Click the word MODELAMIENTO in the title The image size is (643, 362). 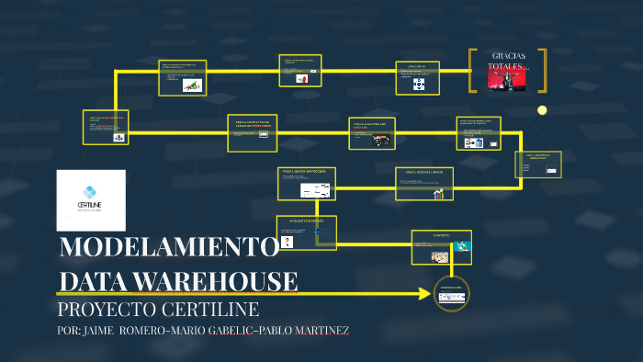click(x=168, y=248)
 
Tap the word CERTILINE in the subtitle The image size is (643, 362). click(x=210, y=309)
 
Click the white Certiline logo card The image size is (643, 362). click(x=91, y=199)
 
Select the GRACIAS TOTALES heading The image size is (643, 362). click(x=508, y=61)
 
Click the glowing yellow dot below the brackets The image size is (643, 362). click(x=542, y=110)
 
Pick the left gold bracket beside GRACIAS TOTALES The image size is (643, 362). click(x=471, y=71)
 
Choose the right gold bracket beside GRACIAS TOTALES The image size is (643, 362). click(x=543, y=71)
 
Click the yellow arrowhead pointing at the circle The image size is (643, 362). click(x=424, y=295)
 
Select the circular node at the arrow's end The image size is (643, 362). click(x=451, y=294)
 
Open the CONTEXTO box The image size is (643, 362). click(x=441, y=246)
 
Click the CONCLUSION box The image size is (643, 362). click(x=417, y=78)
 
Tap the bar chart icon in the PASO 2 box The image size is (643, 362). click(x=439, y=193)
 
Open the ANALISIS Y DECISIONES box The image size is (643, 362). click(x=306, y=232)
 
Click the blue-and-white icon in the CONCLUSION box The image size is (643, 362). click(x=419, y=84)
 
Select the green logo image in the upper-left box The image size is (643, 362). click(x=192, y=85)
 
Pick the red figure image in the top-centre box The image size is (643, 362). click(x=300, y=79)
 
